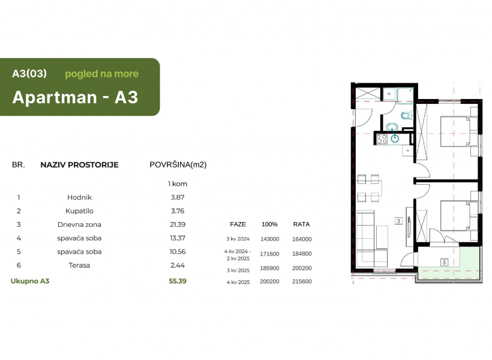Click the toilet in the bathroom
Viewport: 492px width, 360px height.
[406, 116]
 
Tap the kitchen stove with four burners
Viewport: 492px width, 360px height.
[382, 139]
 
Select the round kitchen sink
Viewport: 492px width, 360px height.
[395, 137]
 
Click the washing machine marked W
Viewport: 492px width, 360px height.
[389, 94]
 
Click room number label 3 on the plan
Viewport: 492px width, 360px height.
[398, 221]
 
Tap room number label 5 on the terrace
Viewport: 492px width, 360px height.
[444, 262]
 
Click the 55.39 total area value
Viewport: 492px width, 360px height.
[178, 281]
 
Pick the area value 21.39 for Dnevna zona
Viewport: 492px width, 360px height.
[178, 224]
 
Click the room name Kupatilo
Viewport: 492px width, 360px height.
[79, 211]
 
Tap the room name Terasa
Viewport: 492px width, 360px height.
[79, 265]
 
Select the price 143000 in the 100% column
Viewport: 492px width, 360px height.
[270, 239]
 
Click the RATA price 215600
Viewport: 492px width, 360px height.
[302, 281]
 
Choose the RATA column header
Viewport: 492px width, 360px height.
[302, 224]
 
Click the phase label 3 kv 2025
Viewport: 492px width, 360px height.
[238, 270]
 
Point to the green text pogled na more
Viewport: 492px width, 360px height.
[101, 74]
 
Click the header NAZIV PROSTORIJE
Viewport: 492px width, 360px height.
[79, 165]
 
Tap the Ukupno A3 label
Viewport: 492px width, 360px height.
[30, 281]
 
